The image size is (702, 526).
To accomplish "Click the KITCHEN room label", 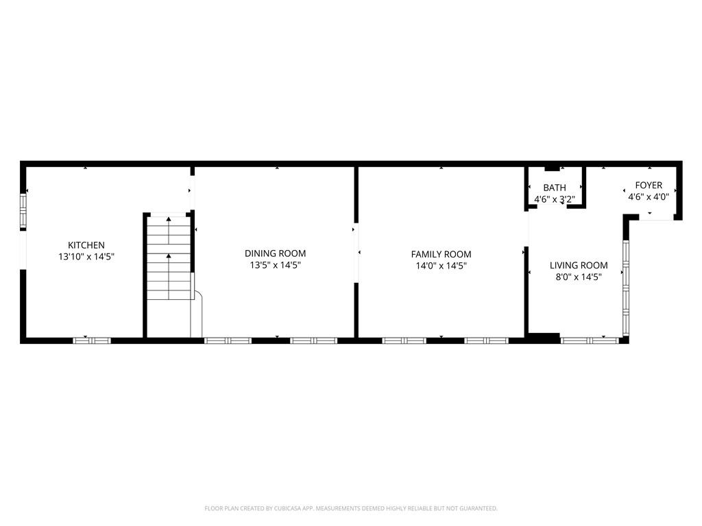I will pyautogui.click(x=86, y=245).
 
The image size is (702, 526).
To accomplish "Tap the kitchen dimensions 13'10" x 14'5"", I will pyautogui.click(x=86, y=257).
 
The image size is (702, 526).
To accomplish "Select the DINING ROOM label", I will pyautogui.click(x=276, y=253).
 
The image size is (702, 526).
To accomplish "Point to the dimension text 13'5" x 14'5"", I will pyautogui.click(x=276, y=265).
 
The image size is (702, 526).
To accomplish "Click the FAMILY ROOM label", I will pyautogui.click(x=441, y=254).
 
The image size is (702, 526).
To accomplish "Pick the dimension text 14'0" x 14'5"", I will pyautogui.click(x=441, y=266).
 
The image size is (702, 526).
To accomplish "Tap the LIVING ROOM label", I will pyautogui.click(x=579, y=266).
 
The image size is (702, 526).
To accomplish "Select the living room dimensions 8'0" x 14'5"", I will pyautogui.click(x=579, y=277).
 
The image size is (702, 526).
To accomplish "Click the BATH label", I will pyautogui.click(x=555, y=188).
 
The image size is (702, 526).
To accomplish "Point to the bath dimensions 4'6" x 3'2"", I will pyautogui.click(x=555, y=199).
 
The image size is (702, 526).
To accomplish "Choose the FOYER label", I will pyautogui.click(x=649, y=185).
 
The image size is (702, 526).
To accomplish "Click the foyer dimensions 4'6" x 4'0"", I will pyautogui.click(x=649, y=197).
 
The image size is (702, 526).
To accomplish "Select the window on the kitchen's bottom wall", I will pyautogui.click(x=92, y=340).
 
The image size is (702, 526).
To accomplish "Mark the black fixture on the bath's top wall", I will pyautogui.click(x=553, y=167).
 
